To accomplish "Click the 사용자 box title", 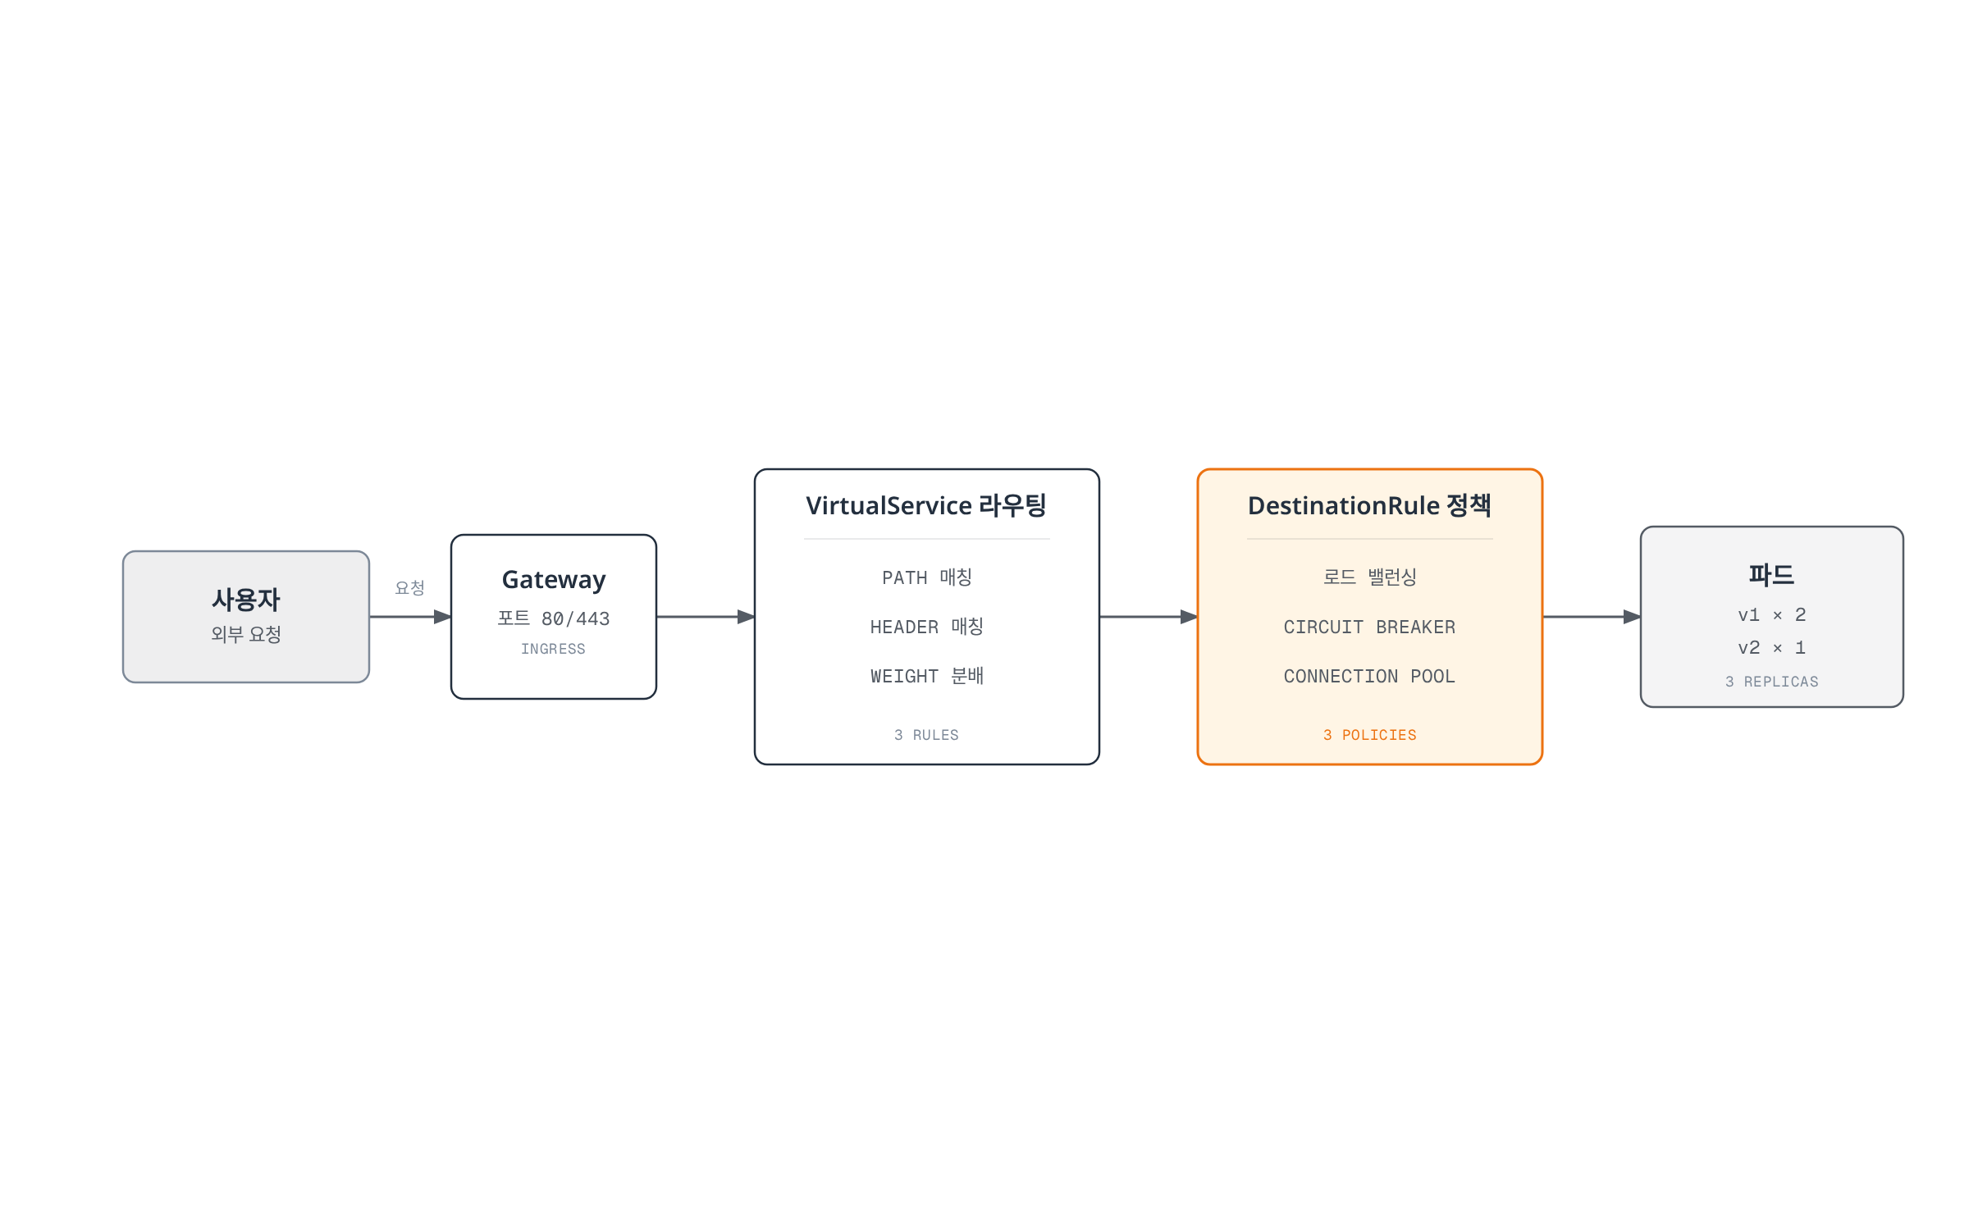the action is click(246, 600).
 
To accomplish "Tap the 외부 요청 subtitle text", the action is click(246, 634).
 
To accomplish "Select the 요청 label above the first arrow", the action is click(409, 587).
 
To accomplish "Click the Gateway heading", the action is click(554, 580).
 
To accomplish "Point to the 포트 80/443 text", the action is click(554, 618).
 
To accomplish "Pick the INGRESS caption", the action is click(554, 649).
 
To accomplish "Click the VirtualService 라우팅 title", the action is click(926, 505).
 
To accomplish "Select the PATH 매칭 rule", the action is click(927, 577).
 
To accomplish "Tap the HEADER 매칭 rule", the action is click(927, 627).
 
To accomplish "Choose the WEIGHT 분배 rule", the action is click(927, 676).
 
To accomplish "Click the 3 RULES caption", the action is click(927, 735).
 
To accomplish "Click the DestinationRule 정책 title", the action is click(1369, 505).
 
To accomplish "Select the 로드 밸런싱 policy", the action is click(1370, 577).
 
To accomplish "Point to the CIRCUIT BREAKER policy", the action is click(1370, 627).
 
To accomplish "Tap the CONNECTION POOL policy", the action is click(1370, 677).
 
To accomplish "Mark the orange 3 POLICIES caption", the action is click(1370, 735).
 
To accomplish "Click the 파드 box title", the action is click(1772, 575).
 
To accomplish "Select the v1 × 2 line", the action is click(1772, 615).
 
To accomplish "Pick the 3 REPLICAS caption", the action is click(1772, 682).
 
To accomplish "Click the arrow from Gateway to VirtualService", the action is click(706, 617).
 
